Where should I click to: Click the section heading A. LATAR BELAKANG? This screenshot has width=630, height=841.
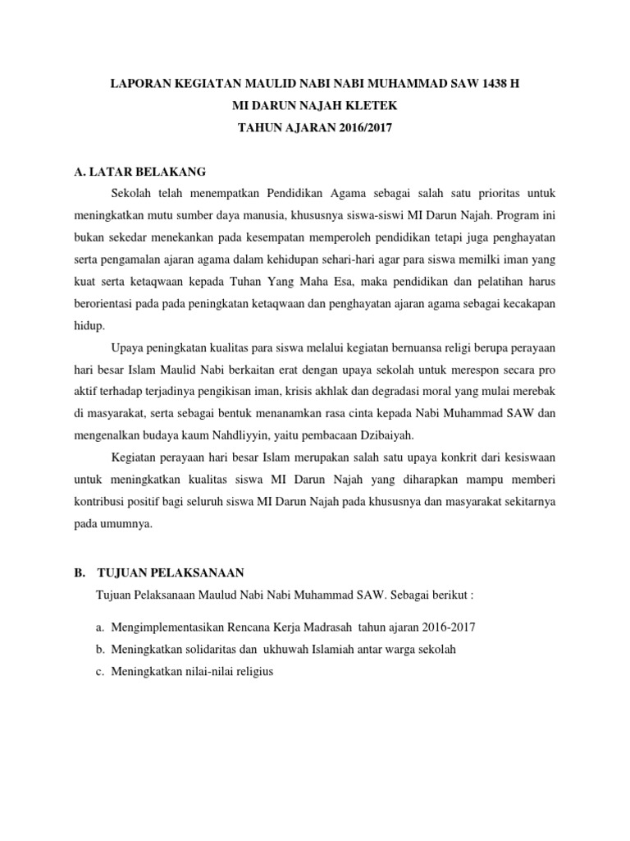139,172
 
